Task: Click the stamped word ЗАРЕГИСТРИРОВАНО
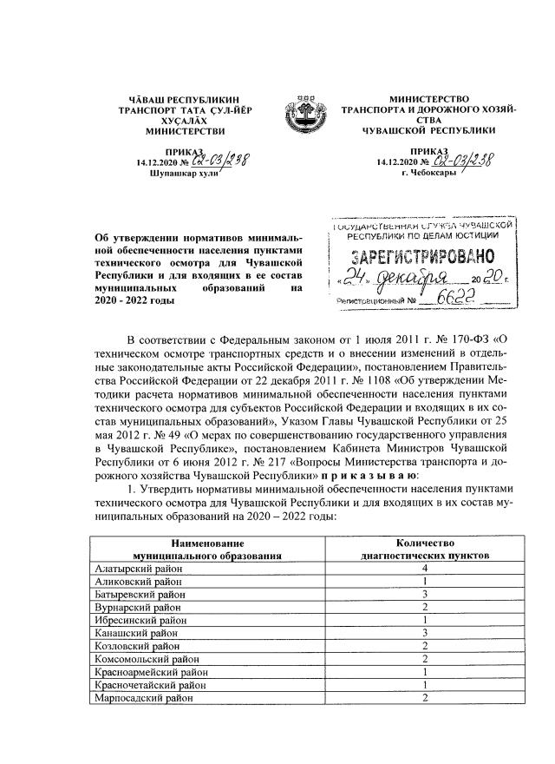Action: click(x=424, y=257)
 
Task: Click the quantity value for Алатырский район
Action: click(x=425, y=567)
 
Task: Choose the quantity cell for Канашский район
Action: click(x=425, y=633)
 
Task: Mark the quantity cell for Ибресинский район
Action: click(x=425, y=620)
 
